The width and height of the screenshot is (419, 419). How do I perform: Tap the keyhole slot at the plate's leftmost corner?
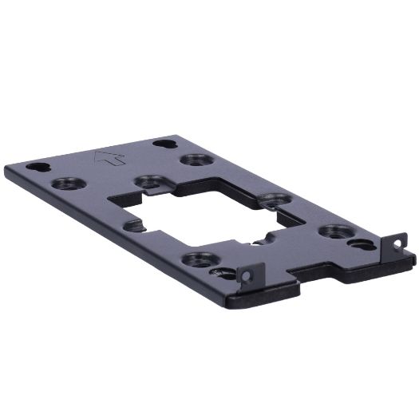37,168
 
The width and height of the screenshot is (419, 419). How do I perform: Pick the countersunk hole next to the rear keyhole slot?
192,159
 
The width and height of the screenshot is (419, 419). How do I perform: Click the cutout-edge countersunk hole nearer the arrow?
147,180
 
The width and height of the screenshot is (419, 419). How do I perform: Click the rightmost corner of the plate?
415,257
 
